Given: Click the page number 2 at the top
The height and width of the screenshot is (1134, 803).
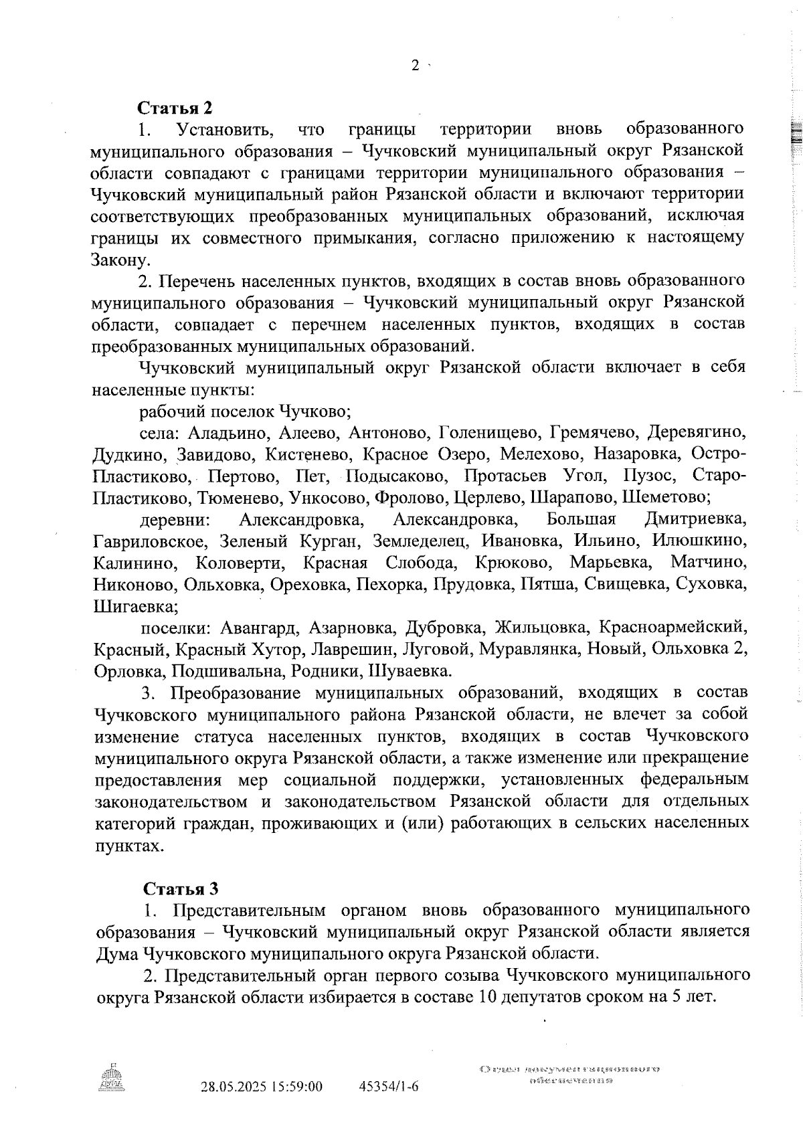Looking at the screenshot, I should (416, 66).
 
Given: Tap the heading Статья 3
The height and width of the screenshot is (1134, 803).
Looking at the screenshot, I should (181, 888).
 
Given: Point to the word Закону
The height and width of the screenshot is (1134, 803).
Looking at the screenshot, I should (116, 260).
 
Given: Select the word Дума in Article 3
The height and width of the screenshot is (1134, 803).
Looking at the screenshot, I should (118, 953).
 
